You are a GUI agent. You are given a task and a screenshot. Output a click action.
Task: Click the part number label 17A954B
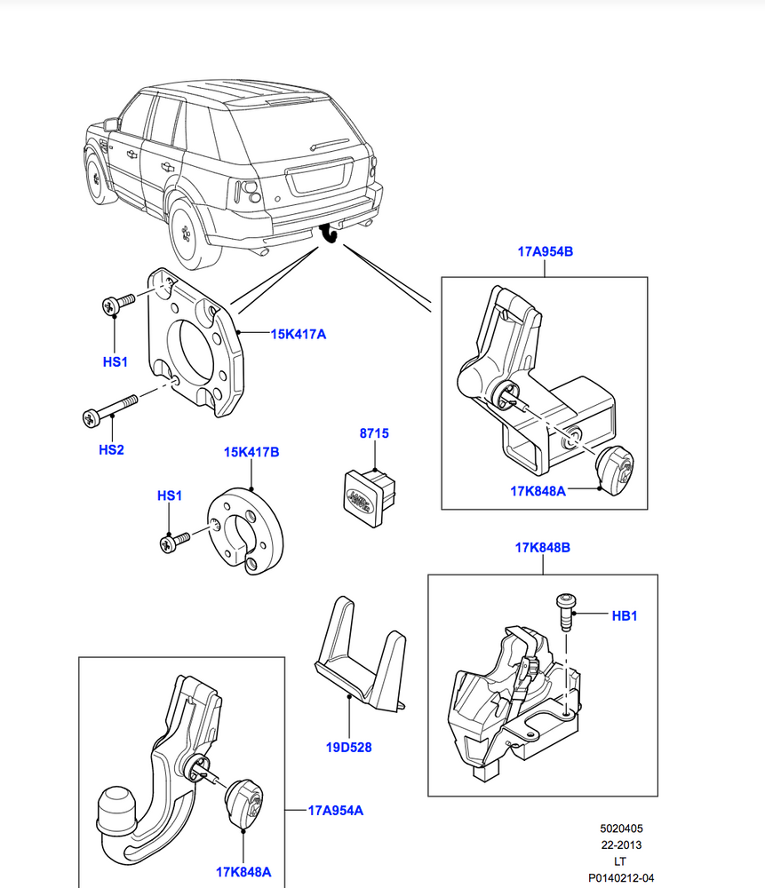(545, 251)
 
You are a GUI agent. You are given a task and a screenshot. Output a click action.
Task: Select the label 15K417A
(299, 335)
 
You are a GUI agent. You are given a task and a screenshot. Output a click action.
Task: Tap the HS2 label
(111, 450)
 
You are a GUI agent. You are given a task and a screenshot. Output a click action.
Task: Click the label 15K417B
(251, 452)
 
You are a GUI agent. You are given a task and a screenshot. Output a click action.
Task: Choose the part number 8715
(374, 433)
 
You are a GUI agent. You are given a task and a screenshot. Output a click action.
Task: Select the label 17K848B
(542, 548)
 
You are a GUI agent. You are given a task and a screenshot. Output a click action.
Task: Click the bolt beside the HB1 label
(565, 611)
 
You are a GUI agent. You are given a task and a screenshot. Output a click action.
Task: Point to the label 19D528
(347, 747)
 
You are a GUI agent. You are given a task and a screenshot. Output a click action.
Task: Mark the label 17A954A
(335, 810)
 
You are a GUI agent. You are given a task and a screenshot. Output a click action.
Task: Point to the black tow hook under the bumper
(330, 233)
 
